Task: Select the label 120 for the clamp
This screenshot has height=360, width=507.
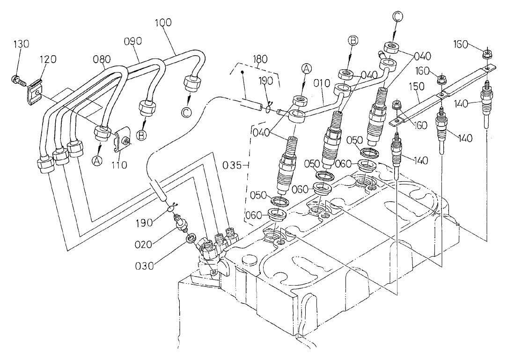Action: [x=47, y=59]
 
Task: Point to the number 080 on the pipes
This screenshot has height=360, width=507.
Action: [x=102, y=59]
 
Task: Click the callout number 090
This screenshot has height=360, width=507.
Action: [x=132, y=41]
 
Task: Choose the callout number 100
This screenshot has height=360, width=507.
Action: [x=162, y=22]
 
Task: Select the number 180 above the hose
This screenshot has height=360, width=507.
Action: [x=260, y=59]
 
